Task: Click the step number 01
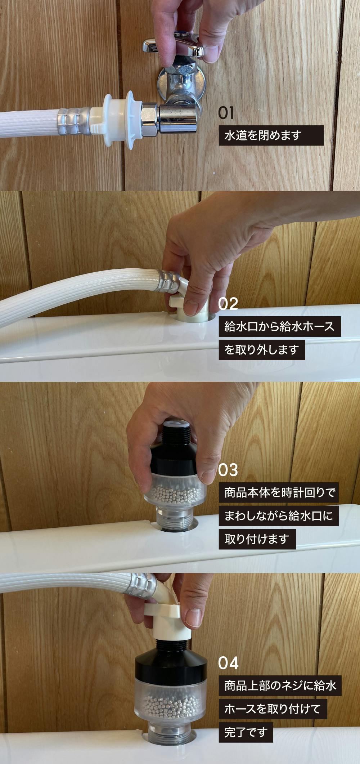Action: [226, 113]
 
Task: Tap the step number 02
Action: [228, 304]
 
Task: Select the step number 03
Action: [228, 470]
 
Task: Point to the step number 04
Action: [228, 663]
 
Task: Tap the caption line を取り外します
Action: [262, 349]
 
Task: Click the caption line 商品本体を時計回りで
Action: [279, 492]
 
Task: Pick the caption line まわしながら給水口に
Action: [279, 515]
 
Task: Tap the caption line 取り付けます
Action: [257, 539]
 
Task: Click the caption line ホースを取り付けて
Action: [273, 709]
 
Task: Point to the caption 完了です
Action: [246, 732]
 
